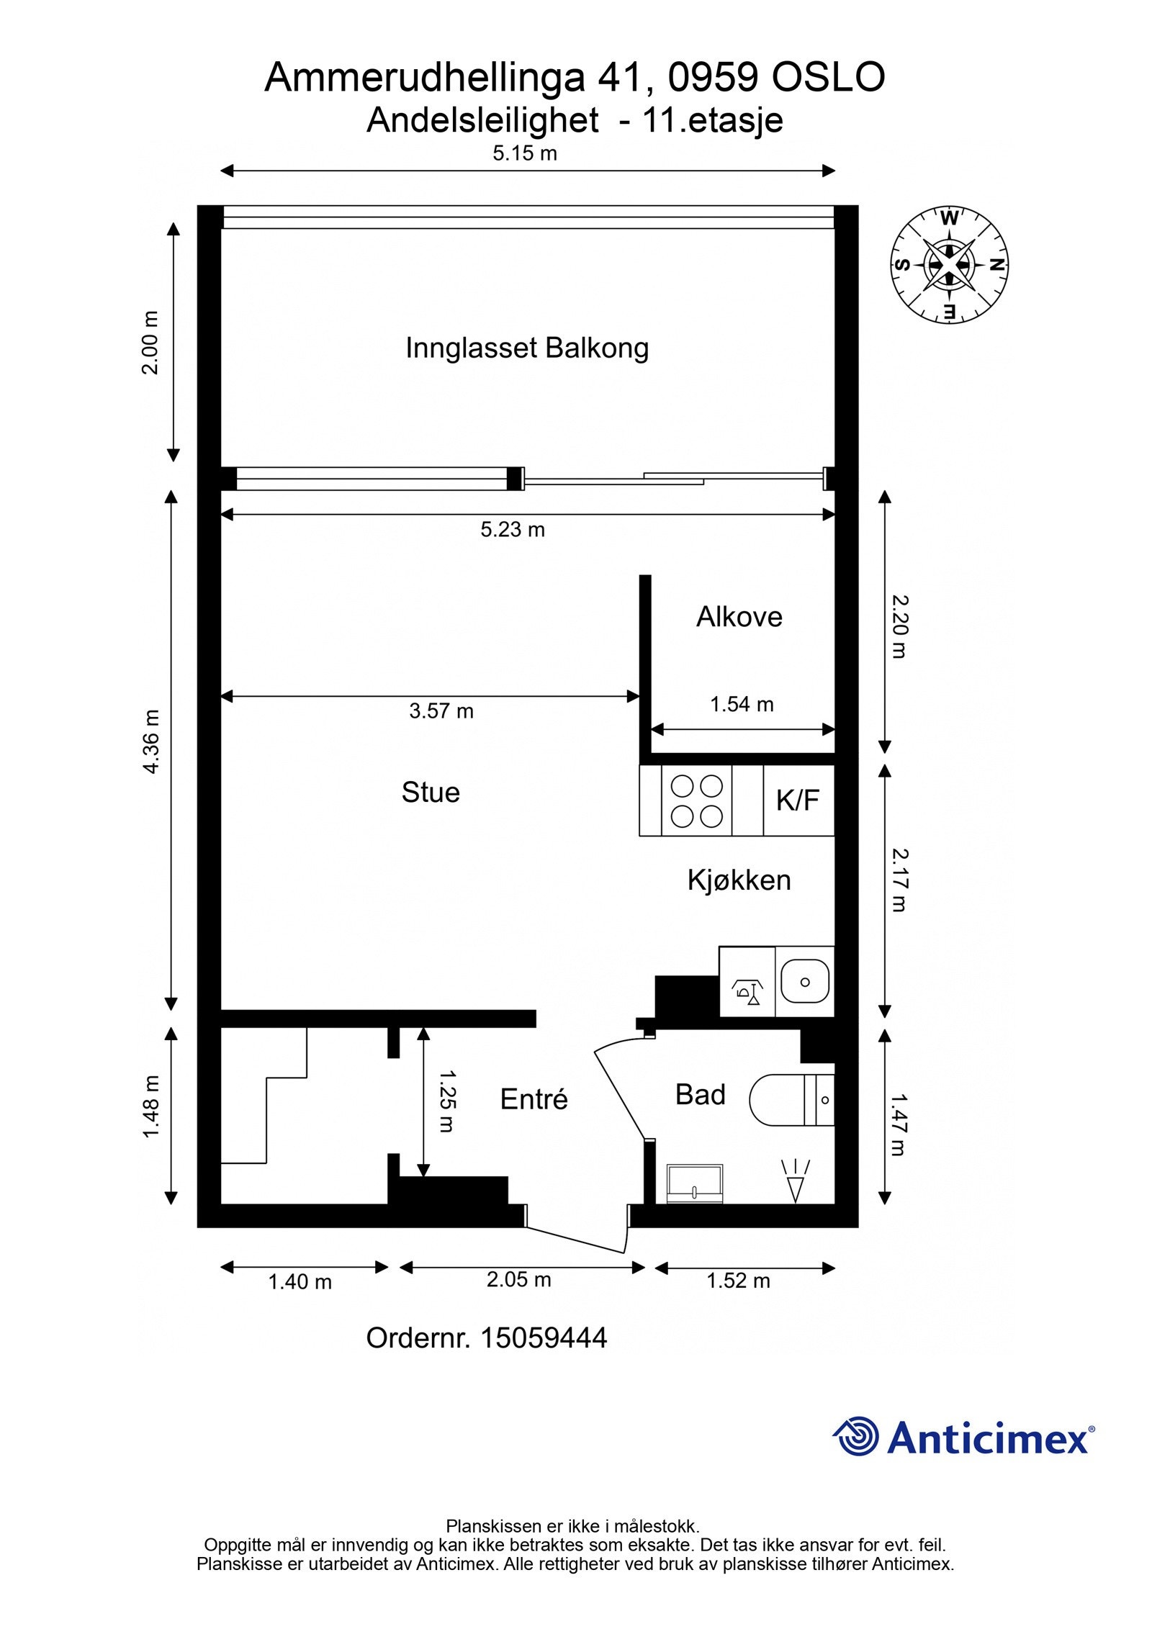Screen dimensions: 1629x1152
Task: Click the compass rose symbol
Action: pyautogui.click(x=950, y=264)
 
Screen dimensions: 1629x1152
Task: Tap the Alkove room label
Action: pyautogui.click(x=739, y=617)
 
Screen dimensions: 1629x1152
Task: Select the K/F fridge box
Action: pyautogui.click(x=798, y=800)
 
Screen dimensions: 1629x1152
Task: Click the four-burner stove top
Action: pyautogui.click(x=696, y=800)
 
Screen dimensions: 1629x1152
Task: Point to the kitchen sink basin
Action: pyautogui.click(x=805, y=982)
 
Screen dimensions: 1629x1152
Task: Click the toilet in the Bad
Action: pyautogui.click(x=785, y=1100)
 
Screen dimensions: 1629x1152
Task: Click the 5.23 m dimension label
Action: pyautogui.click(x=513, y=531)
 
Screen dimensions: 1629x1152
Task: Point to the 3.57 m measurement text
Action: pyautogui.click(x=441, y=711)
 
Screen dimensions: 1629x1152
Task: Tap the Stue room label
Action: pyautogui.click(x=431, y=793)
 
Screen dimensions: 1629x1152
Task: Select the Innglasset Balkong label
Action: pyautogui.click(x=527, y=348)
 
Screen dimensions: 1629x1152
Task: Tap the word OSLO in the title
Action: pyautogui.click(x=828, y=78)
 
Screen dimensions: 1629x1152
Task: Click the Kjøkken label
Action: pyautogui.click(x=739, y=880)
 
